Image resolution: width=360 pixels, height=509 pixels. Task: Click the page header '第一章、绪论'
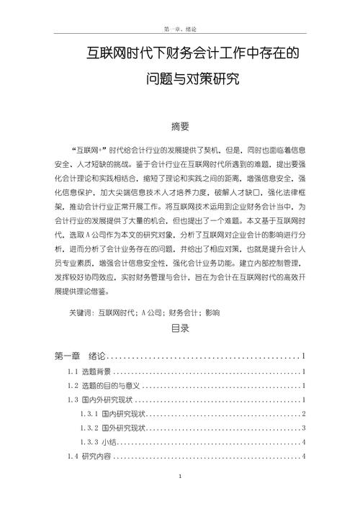pos(180,28)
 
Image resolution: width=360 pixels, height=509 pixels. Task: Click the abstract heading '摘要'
pos(180,127)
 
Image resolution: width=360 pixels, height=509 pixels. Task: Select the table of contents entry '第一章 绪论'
pos(80,356)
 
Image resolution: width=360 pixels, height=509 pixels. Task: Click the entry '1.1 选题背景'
pos(89,371)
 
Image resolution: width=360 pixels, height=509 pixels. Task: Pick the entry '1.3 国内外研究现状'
pos(98,400)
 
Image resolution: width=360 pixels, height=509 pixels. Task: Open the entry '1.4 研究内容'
pos(89,456)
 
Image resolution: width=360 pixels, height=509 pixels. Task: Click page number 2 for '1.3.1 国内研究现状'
pos(305,413)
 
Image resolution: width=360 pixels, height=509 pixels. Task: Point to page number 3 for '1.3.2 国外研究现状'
pos(305,428)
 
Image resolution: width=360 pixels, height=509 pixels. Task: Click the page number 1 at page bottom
pos(180,477)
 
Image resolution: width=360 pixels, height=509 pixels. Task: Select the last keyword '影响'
pos(212,313)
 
